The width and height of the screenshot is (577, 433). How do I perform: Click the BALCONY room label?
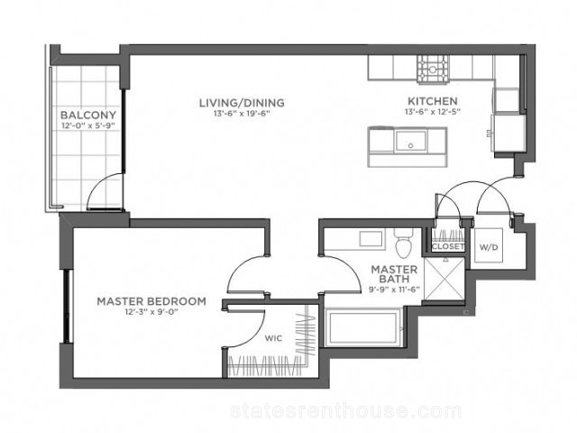[88, 115]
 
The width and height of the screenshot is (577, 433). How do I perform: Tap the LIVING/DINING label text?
[242, 103]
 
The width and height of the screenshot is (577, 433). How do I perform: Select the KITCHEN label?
[433, 101]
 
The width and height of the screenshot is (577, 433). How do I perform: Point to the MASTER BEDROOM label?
[151, 301]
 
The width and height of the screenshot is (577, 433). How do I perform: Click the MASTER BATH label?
[394, 273]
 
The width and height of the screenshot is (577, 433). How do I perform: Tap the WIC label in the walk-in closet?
[274, 338]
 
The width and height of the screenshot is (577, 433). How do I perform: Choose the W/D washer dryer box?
[489, 245]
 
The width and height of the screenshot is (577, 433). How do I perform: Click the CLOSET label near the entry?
[448, 246]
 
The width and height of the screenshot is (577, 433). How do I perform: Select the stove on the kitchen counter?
[433, 69]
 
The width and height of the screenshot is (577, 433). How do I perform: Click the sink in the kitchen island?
[411, 141]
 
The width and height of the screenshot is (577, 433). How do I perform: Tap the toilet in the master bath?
[404, 242]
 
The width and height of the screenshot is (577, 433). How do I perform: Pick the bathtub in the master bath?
[363, 327]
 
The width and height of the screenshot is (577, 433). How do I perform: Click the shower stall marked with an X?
[444, 279]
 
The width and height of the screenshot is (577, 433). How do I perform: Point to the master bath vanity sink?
[371, 239]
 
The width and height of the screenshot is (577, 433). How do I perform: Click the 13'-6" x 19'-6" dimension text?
[243, 114]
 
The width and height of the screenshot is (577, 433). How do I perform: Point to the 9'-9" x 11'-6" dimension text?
[394, 290]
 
